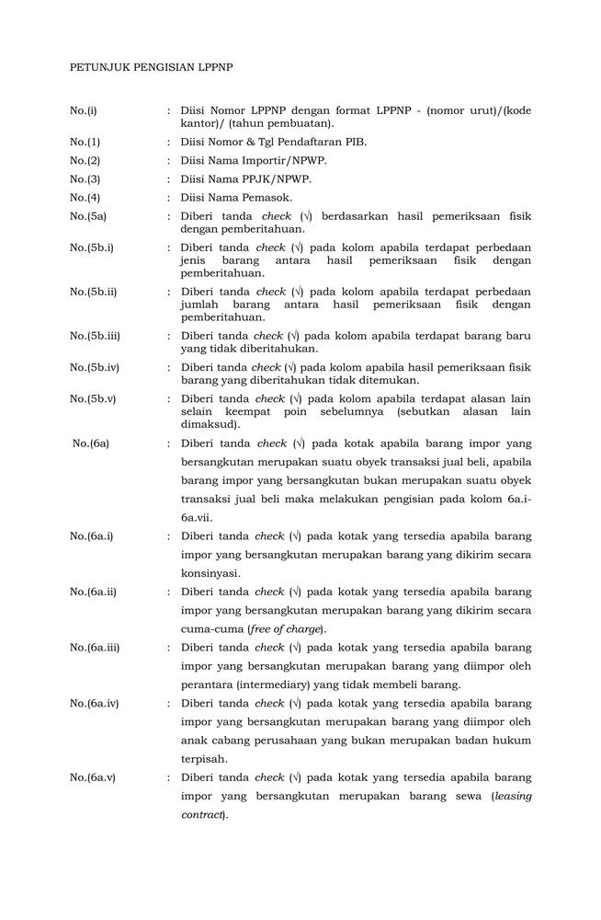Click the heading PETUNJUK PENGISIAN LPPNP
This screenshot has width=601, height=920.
pos(152,67)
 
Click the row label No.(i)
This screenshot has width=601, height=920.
pos(83,111)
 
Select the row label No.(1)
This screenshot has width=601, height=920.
pos(85,143)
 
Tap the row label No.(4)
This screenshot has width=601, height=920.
pos(85,198)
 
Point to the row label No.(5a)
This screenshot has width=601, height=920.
pos(88,216)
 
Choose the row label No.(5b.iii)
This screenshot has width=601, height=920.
pos(95,336)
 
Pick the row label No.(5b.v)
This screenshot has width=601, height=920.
pos(93,399)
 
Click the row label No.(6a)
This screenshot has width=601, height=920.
pos(91,443)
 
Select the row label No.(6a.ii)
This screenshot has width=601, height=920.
pos(93,592)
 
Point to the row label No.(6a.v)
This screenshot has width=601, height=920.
pos(92,778)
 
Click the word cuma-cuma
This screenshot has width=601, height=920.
pos(212,629)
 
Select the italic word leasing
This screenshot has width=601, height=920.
pos(513,797)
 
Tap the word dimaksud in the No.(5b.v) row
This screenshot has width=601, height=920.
pos(210,425)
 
